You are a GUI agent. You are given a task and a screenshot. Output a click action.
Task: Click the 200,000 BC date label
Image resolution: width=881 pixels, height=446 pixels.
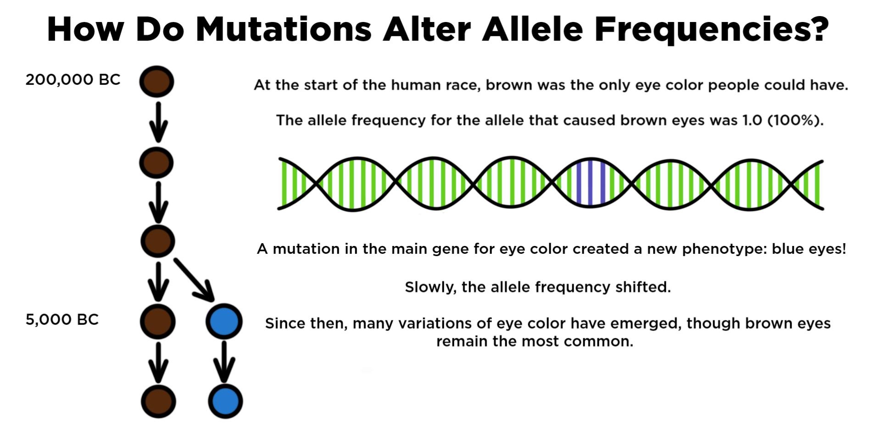point(72,80)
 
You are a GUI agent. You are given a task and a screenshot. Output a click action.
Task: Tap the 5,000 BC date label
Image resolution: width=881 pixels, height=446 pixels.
point(62,320)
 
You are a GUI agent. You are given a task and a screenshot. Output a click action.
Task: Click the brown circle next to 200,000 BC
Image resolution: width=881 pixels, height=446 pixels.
point(156,82)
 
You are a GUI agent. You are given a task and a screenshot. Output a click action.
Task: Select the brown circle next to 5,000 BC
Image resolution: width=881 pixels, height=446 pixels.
point(157,321)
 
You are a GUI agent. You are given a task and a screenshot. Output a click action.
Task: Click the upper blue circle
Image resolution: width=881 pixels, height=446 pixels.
point(224,322)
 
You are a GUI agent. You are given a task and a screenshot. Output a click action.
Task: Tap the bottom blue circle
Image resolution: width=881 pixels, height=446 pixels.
point(225,401)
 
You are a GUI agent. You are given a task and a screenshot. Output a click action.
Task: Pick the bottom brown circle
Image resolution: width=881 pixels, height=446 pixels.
point(158,401)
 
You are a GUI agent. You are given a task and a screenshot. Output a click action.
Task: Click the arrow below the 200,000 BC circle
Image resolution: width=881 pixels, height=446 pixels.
point(158,122)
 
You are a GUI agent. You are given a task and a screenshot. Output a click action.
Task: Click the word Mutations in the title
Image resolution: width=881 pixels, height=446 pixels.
point(283,30)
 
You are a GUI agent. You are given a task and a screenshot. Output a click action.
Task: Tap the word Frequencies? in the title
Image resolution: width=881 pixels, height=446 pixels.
point(711,30)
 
